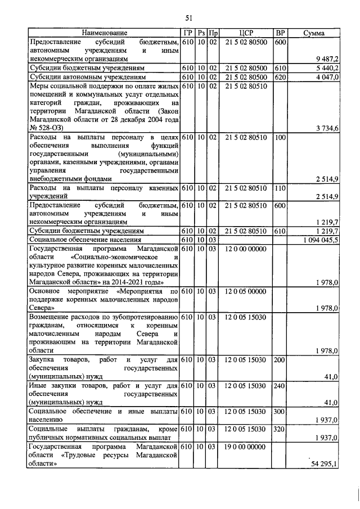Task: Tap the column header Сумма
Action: coord(313,34)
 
